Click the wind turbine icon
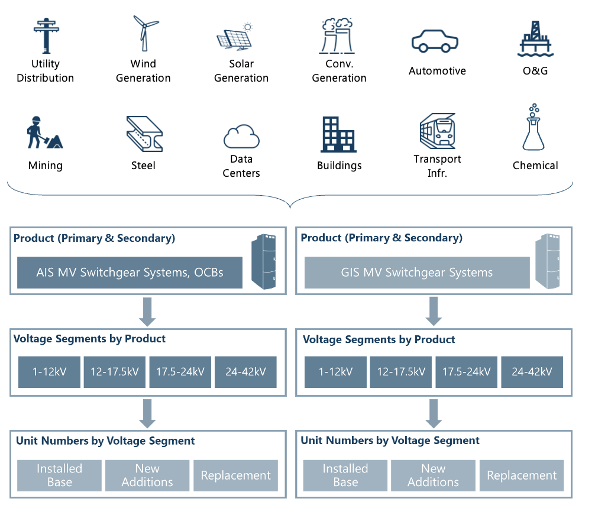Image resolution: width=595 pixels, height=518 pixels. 144,33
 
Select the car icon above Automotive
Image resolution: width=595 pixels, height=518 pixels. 435,42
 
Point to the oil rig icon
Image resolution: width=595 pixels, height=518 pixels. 535,38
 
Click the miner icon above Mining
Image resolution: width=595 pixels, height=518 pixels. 44,133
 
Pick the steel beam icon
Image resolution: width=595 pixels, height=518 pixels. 144,134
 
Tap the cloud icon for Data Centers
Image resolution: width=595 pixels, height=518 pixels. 241,137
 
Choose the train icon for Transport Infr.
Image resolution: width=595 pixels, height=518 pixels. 437,130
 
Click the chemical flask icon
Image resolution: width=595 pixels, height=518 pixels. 533,128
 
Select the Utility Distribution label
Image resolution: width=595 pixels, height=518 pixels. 46,71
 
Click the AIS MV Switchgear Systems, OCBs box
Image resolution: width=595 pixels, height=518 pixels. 130,273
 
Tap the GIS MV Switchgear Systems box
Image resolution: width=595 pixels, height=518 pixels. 417,273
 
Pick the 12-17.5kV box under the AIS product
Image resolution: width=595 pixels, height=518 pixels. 115,372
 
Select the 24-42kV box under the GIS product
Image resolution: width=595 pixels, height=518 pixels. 532,372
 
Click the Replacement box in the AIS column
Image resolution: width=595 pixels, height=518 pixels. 235,475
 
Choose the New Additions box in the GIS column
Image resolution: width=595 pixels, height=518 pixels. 433,475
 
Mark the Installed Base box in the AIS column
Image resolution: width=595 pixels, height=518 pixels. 59,475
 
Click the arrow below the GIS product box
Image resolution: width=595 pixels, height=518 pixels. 434,310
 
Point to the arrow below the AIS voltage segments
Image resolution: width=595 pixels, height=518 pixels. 147,413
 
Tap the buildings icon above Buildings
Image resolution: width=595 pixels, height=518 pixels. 338,134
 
